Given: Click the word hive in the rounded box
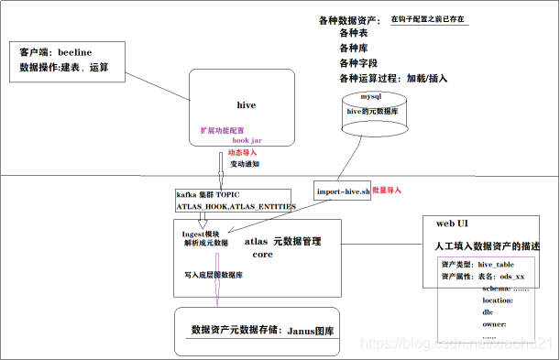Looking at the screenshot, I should pyautogui.click(x=246, y=105).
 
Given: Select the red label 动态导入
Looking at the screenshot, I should pyautogui.click(x=242, y=151).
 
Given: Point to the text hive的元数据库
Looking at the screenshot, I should pyautogui.click(x=373, y=110).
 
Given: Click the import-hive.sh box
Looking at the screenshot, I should pyautogui.click(x=343, y=191).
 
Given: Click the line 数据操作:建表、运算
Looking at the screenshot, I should pyautogui.click(x=65, y=67).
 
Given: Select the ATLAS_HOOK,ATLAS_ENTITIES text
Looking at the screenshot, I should pyautogui.click(x=236, y=208).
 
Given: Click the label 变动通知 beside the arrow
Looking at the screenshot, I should pyautogui.click(x=245, y=164).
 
